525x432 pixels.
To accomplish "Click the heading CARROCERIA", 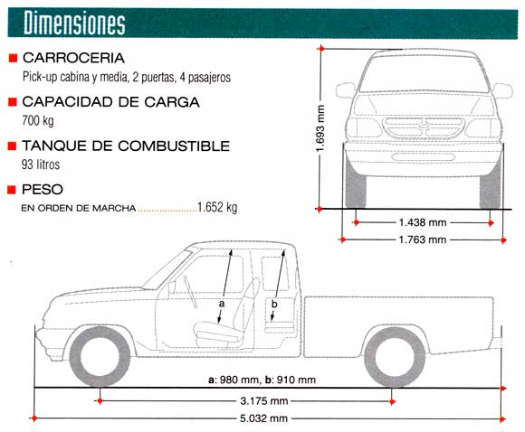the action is point(79,58).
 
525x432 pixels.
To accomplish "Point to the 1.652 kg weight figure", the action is point(217,207).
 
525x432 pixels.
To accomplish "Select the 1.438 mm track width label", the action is point(423,222).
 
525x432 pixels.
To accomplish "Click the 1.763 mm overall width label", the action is point(423,239).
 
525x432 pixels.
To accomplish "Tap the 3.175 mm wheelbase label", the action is point(264,400).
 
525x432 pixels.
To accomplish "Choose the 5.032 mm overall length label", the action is point(264,418).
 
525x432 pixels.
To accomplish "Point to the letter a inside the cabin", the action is point(221,305).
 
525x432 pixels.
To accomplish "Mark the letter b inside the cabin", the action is point(275,305).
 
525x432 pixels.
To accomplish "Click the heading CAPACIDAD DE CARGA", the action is point(110,102).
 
